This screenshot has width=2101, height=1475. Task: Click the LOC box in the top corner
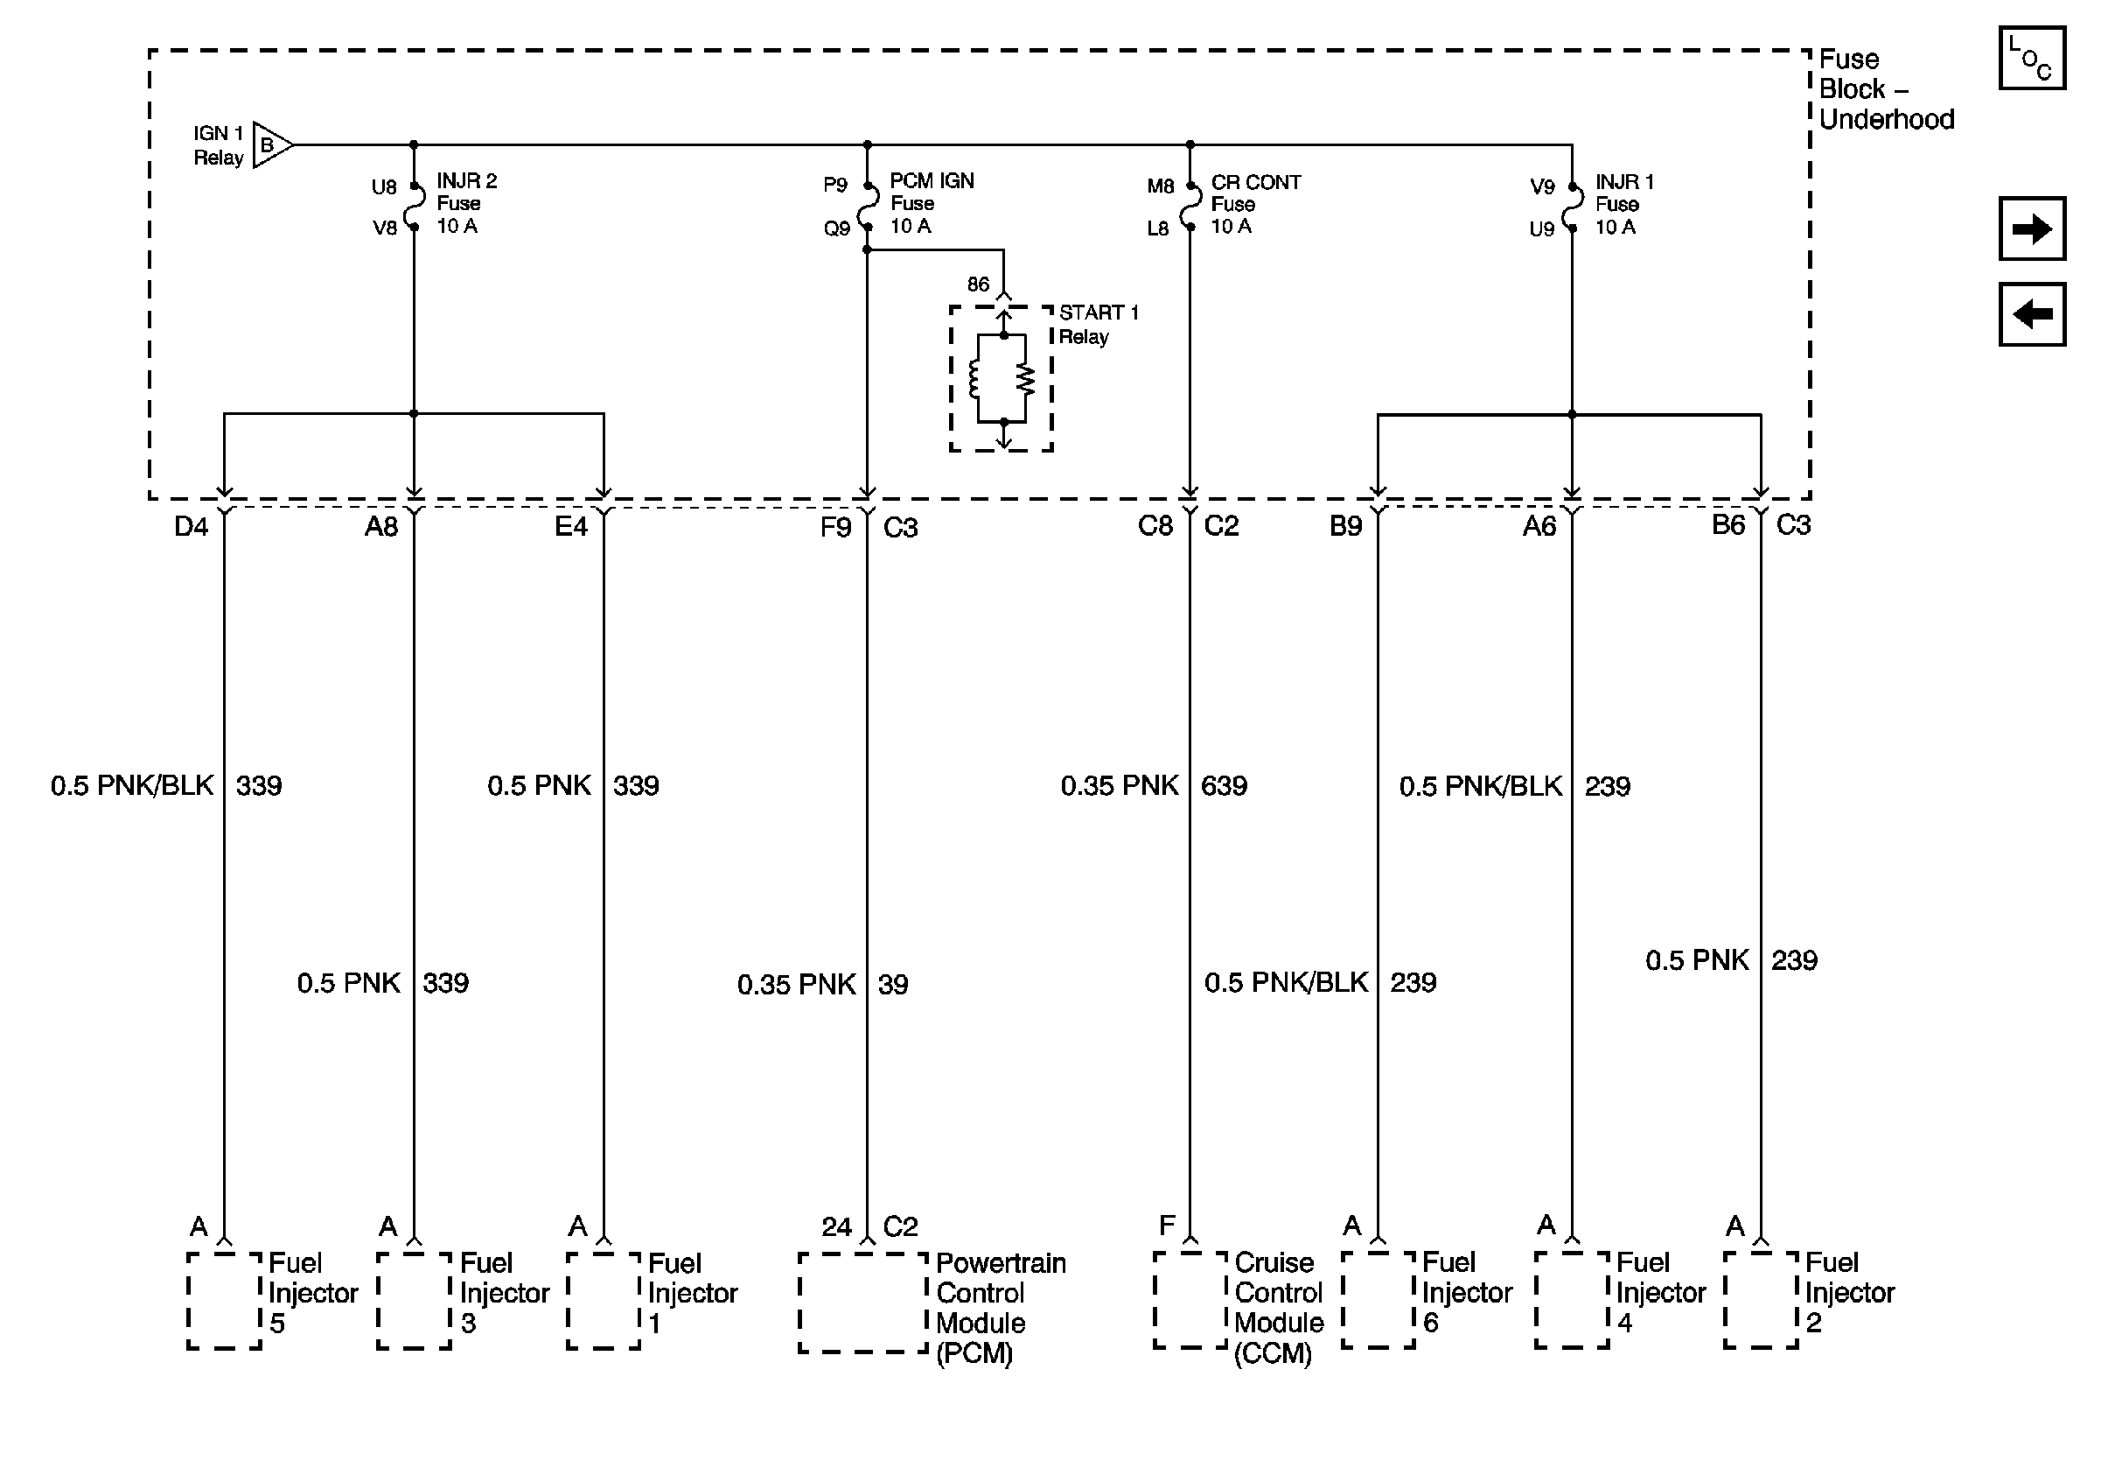2031,59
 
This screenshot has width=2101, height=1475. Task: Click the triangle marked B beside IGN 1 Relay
270,144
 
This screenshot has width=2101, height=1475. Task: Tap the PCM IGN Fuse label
931,203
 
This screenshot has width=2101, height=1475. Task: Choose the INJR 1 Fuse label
1623,204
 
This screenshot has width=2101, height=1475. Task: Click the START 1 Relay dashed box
1002,379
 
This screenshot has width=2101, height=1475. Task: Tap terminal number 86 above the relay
978,284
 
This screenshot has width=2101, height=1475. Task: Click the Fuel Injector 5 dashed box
224,1300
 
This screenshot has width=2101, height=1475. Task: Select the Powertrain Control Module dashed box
863,1302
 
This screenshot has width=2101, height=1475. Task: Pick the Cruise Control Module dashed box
1190,1300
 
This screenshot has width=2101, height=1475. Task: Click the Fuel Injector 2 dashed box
1761,1300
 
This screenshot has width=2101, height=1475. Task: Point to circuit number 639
1224,785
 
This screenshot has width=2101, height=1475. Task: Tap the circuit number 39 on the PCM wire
892,984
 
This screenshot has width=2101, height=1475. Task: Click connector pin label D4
192,526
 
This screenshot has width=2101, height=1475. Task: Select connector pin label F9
835,527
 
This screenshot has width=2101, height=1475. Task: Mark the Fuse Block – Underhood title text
1885,88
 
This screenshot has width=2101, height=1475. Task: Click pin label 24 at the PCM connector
835,1227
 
